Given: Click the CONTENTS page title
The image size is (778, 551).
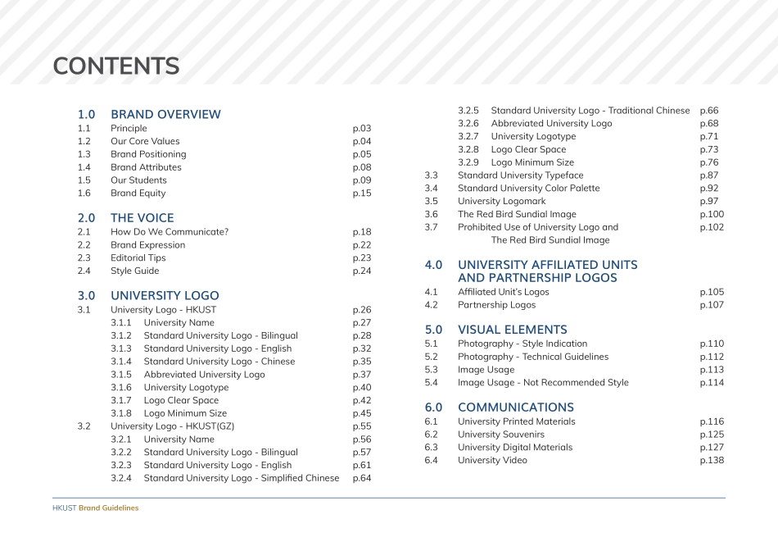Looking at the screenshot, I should point(115,66).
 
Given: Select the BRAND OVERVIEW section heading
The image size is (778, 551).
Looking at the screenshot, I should point(165,114).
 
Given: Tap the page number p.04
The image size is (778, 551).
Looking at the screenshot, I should point(362,141).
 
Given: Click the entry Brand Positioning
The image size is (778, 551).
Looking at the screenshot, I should point(148,154).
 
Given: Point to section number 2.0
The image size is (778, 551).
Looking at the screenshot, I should point(86,218).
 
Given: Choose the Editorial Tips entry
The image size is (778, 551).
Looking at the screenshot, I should point(138,257).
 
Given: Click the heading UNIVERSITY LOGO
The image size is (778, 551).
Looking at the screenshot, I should point(165,295).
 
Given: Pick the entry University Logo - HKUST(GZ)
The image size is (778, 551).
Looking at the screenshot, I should point(166,426).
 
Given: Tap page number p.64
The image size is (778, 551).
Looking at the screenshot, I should point(362,478).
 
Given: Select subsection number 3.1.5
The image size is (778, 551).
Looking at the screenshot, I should point(120,375).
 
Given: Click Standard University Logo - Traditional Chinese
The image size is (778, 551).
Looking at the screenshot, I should point(590,111).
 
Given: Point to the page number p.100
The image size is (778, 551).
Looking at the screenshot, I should point(712,214).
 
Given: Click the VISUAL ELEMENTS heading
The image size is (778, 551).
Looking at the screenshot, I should point(512,330).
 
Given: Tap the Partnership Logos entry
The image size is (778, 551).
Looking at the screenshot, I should point(496,305).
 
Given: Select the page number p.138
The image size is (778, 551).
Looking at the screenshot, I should point(712,460).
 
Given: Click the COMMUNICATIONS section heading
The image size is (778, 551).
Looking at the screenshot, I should point(515,408).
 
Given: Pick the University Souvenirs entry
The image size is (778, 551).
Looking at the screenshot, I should point(500,435).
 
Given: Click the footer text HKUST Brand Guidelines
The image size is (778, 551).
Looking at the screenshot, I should point(95,508).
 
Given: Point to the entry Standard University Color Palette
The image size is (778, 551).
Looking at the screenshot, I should point(528,188).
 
